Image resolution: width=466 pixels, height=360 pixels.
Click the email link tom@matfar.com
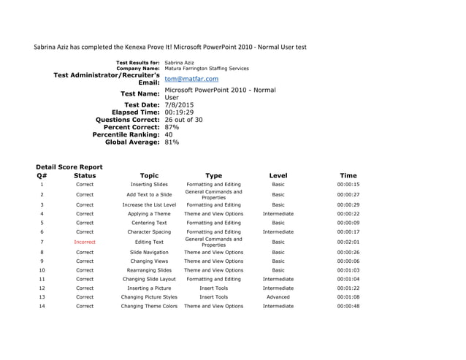(191, 79)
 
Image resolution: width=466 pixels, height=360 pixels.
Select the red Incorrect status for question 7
(85, 242)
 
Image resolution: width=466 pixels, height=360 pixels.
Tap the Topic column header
(149, 175)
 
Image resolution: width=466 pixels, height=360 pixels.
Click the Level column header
(278, 175)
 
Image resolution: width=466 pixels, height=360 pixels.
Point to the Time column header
(348, 175)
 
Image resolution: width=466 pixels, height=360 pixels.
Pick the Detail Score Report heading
(69, 166)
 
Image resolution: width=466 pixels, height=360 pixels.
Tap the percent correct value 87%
(172, 127)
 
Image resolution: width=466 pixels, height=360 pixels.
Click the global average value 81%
(172, 142)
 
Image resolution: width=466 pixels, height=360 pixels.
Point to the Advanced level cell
(278, 297)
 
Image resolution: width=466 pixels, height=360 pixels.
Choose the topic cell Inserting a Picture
(149, 288)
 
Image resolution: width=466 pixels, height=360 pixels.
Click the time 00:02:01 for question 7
(348, 242)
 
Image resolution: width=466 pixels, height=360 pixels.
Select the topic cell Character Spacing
(149, 232)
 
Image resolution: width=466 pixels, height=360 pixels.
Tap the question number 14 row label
(42, 307)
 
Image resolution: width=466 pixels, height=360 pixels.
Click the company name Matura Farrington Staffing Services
(207, 68)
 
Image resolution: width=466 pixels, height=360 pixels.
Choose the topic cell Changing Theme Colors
(149, 307)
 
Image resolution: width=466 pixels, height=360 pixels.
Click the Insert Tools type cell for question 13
(213, 297)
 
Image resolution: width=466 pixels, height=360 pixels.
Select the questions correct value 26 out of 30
(184, 120)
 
